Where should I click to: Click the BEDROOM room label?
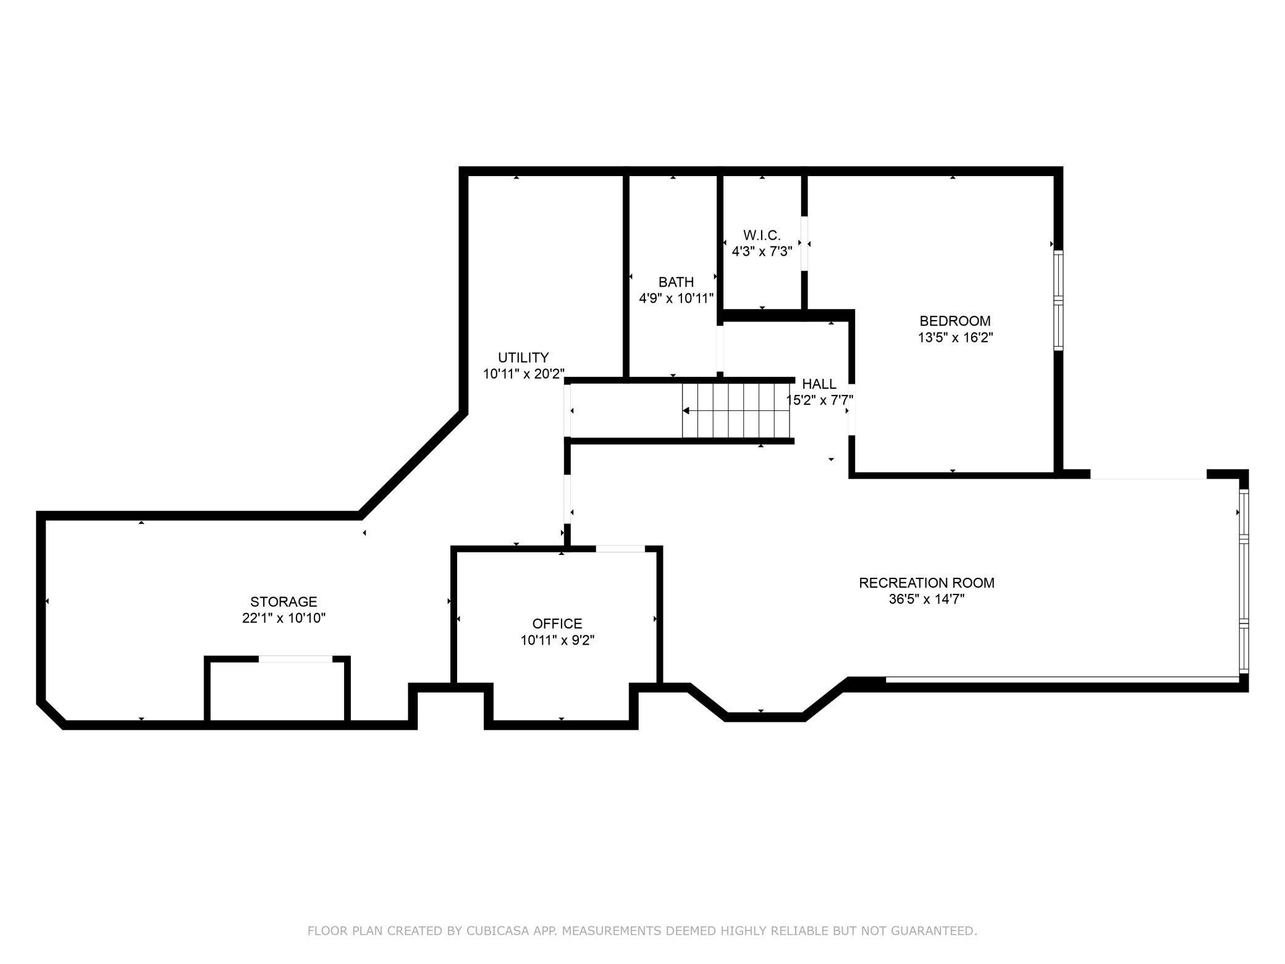coord(954,321)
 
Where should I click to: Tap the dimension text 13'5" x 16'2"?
coord(954,337)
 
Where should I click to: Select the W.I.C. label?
coord(762,235)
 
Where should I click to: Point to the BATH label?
coord(676,282)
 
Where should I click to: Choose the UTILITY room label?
coord(523,357)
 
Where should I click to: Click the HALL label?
coord(819,384)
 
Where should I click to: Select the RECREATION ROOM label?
coord(926,583)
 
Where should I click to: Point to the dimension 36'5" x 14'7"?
coord(926,599)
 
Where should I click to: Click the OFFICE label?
coord(557,624)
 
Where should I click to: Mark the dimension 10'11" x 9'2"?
coord(557,640)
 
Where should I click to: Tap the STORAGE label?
coord(284,601)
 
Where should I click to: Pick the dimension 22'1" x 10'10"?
coord(284,618)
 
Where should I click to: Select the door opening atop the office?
coord(620,549)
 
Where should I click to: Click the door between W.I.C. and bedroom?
coord(804,243)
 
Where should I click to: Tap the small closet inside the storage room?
coord(277,691)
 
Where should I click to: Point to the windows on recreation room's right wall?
coord(1244,581)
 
